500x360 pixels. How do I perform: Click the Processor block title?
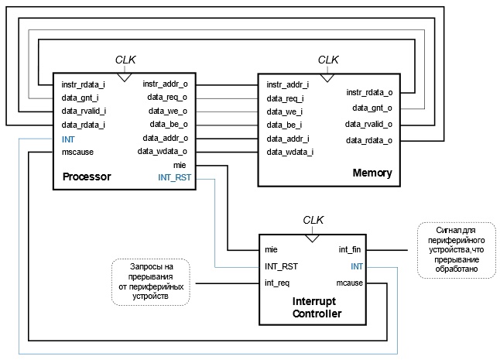(87, 177)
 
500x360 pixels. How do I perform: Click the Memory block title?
(372, 172)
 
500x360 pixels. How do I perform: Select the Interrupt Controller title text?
(317, 307)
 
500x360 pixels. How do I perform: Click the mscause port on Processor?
(77, 153)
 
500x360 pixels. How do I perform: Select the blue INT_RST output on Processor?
(174, 178)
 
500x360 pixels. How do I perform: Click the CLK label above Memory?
(329, 60)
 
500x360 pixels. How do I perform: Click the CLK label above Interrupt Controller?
(313, 219)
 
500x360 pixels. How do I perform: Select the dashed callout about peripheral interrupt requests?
(152, 281)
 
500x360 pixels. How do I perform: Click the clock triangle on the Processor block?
(124, 77)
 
